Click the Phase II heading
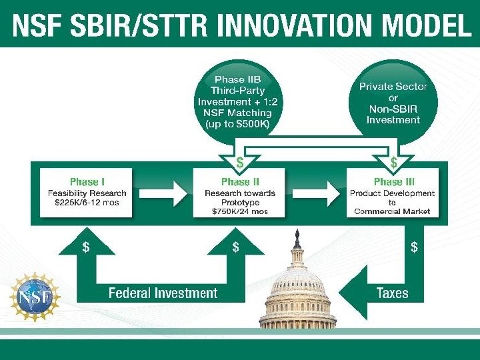click(240, 182)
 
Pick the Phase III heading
click(393, 182)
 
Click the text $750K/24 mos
click(239, 211)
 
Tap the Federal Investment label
click(163, 293)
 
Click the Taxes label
click(392, 293)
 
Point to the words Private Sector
click(393, 87)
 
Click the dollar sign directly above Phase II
click(239, 162)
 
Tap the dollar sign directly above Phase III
click(393, 162)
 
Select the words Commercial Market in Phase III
click(393, 211)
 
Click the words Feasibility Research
click(87, 193)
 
